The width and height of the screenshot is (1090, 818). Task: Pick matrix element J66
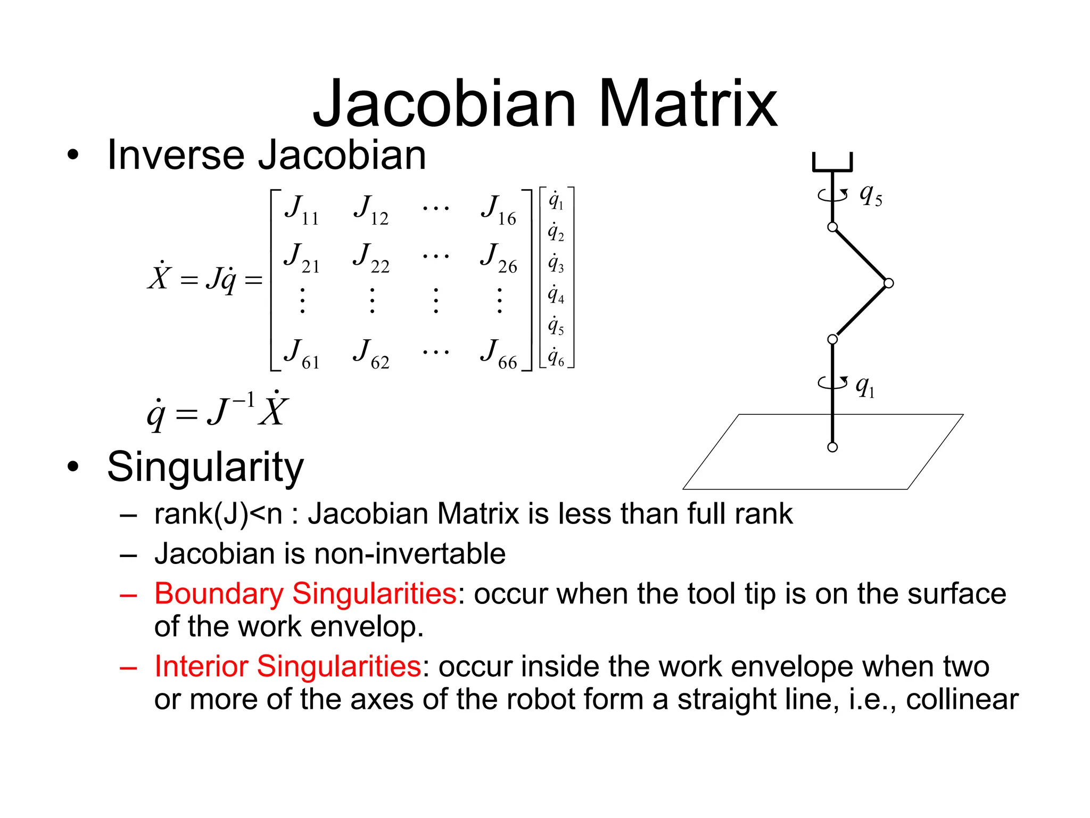tap(499, 354)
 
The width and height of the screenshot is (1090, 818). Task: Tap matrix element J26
tap(499, 257)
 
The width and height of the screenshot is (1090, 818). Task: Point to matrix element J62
tap(371, 354)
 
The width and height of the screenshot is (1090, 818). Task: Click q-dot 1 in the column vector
tap(556, 200)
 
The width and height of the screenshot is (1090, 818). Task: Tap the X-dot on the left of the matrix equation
tap(159, 276)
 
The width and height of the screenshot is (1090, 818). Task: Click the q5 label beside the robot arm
tap(871, 195)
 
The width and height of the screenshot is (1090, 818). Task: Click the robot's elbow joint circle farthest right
tap(888, 283)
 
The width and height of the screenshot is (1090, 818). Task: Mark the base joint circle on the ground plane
tap(832, 447)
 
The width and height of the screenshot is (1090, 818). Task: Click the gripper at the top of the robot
tap(832, 163)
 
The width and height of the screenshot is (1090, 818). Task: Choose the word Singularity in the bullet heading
tap(205, 467)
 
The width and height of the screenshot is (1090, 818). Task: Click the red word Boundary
tap(219, 594)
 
